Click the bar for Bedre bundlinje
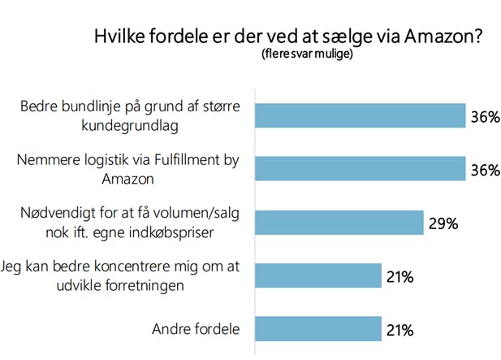pos(360,116)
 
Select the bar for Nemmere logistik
pos(360,168)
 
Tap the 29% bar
pos(339,223)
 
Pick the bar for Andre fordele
pos(318,329)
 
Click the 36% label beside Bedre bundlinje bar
pos(484,116)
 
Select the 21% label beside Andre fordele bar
pos(400,329)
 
